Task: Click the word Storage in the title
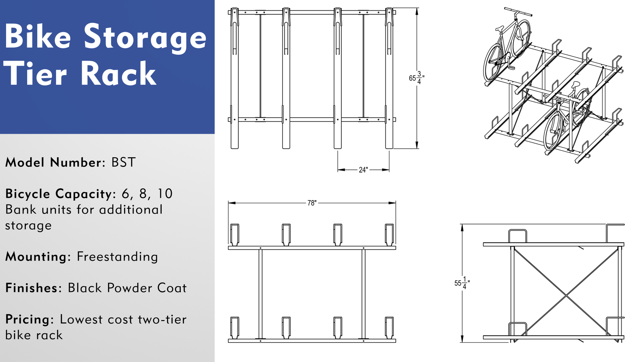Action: pos(145,38)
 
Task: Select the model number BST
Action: pos(123,163)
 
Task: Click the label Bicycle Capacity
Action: pos(59,194)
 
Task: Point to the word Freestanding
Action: pos(117,257)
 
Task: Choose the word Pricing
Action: pos(28,319)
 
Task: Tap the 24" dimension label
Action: pos(363,170)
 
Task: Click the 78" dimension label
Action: pos(312,203)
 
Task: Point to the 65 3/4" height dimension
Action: pos(416,78)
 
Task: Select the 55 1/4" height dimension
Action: pos(462,283)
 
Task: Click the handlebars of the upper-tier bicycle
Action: pos(518,12)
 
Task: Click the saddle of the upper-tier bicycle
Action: pos(499,29)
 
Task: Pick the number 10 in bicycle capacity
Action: pos(165,194)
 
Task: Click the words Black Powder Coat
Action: pos(127,288)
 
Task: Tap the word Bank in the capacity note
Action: pos(21,210)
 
